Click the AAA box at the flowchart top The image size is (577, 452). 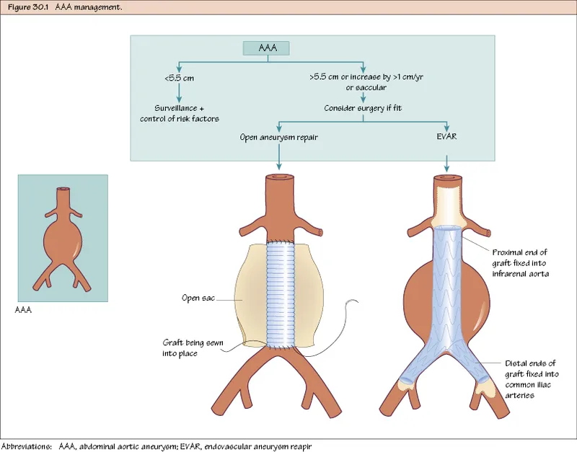point(264,48)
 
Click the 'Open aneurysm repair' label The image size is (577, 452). point(278,136)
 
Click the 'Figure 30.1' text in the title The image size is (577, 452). point(25,6)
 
